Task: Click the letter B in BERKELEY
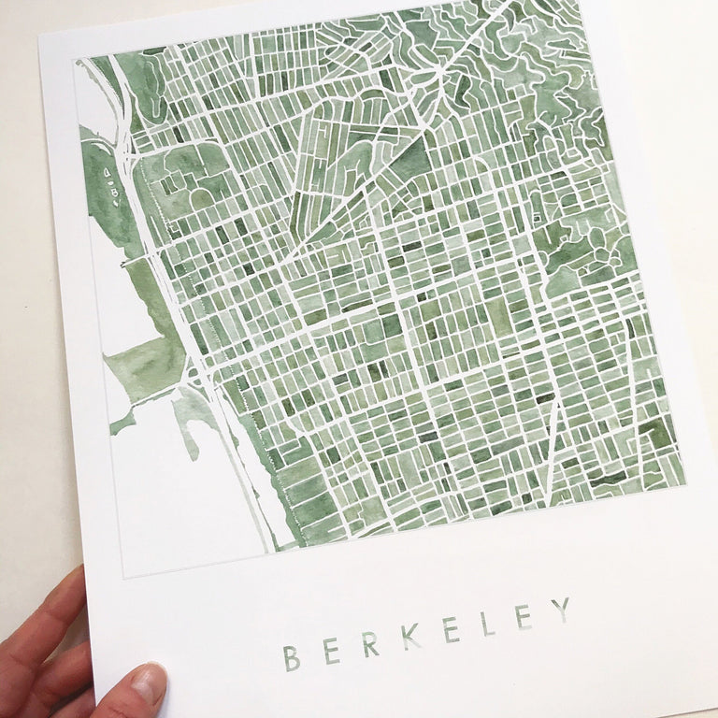pyautogui.click(x=292, y=656)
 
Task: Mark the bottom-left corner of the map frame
pyautogui.click(x=123, y=577)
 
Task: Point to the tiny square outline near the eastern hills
pyautogui.click(x=537, y=217)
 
